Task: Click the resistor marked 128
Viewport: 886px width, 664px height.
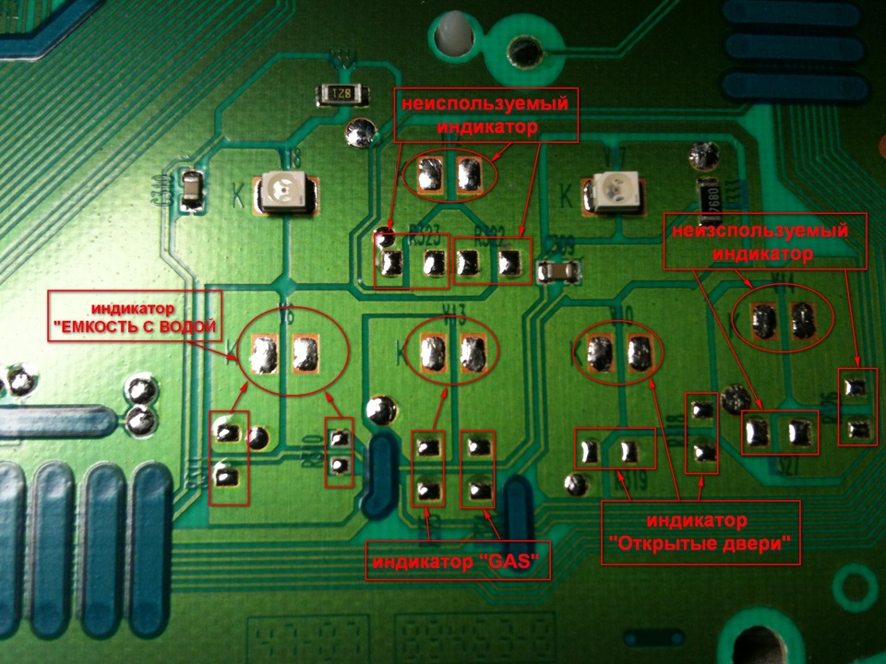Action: [x=339, y=93]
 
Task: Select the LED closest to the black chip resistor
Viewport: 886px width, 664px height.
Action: [x=616, y=192]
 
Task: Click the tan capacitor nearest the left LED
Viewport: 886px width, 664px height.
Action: [x=192, y=192]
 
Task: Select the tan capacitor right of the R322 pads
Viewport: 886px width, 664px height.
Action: [x=561, y=271]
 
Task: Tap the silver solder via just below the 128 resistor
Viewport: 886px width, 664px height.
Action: [x=359, y=133]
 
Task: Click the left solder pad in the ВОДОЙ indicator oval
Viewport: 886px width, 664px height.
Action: [x=265, y=352]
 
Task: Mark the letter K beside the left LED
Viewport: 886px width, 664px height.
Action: [x=238, y=196]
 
